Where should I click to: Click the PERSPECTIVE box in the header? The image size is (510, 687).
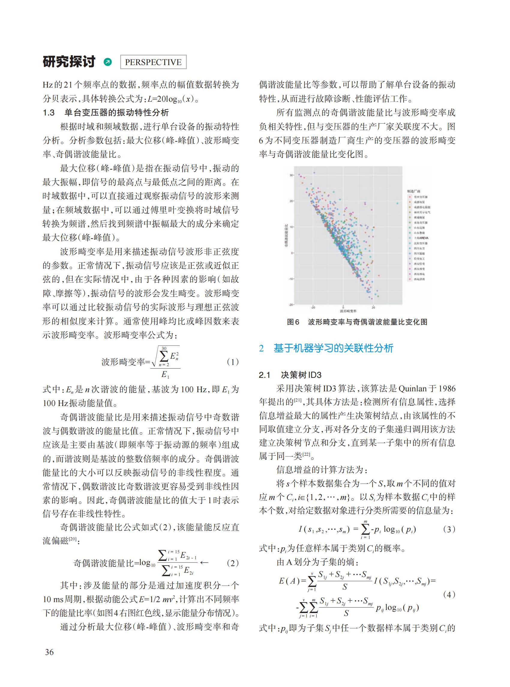click(x=153, y=62)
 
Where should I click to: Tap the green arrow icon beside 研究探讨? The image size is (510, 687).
click(x=108, y=62)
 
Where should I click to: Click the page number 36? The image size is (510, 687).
click(x=49, y=652)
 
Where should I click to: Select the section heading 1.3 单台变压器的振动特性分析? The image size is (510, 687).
click(x=106, y=113)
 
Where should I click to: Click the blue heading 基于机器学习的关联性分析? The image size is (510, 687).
click(x=333, y=348)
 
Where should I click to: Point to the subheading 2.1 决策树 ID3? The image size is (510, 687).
click(x=290, y=375)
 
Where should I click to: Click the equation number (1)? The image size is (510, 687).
click(x=232, y=362)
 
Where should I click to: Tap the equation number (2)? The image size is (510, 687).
click(x=232, y=563)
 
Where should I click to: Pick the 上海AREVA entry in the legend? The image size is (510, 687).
click(x=421, y=238)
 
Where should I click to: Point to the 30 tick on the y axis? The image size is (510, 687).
click(x=291, y=175)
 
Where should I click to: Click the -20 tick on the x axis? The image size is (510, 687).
click(x=313, y=307)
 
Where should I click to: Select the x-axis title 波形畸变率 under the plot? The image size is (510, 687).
click(x=348, y=310)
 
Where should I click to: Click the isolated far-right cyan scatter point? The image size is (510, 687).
click(x=397, y=203)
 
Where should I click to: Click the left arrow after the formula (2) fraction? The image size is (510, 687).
click(x=204, y=562)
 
